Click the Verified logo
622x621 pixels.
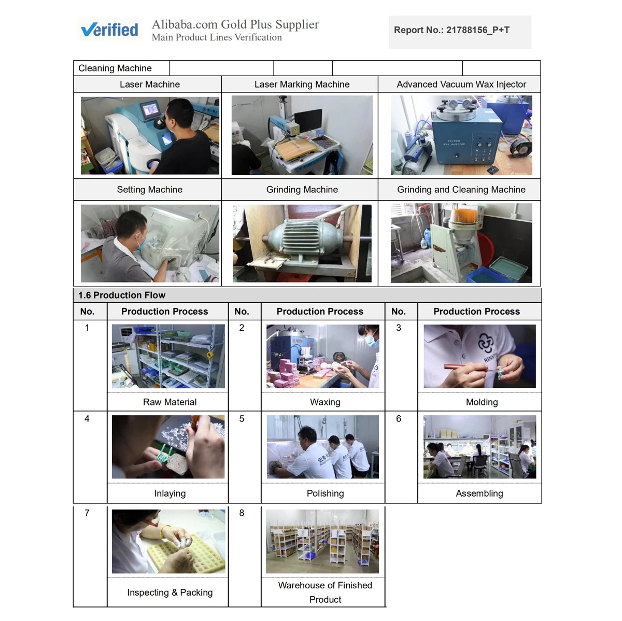pyautogui.click(x=109, y=30)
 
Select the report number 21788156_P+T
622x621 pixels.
pyautogui.click(x=477, y=30)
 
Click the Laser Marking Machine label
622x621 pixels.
pyautogui.click(x=302, y=84)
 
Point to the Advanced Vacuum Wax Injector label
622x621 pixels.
pyautogui.click(x=461, y=84)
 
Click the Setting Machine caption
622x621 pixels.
pyautogui.click(x=149, y=189)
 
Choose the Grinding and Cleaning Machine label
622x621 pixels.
pyautogui.click(x=461, y=189)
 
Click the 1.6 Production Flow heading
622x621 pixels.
pyautogui.click(x=122, y=295)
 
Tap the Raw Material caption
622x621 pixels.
pyautogui.click(x=169, y=402)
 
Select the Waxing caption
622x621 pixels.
pyautogui.click(x=324, y=402)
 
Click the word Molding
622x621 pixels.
pyautogui.click(x=482, y=402)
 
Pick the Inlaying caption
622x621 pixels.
pyautogui.click(x=169, y=493)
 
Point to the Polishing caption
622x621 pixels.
pyautogui.click(x=325, y=493)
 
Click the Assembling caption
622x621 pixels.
pyautogui.click(x=479, y=493)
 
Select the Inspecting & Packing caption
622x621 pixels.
pyautogui.click(x=170, y=592)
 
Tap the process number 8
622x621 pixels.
pyautogui.click(x=242, y=513)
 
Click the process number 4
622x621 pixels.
pyautogui.click(x=87, y=418)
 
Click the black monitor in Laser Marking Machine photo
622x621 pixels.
pyautogui.click(x=307, y=120)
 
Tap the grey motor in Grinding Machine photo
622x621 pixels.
pyautogui.click(x=299, y=237)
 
